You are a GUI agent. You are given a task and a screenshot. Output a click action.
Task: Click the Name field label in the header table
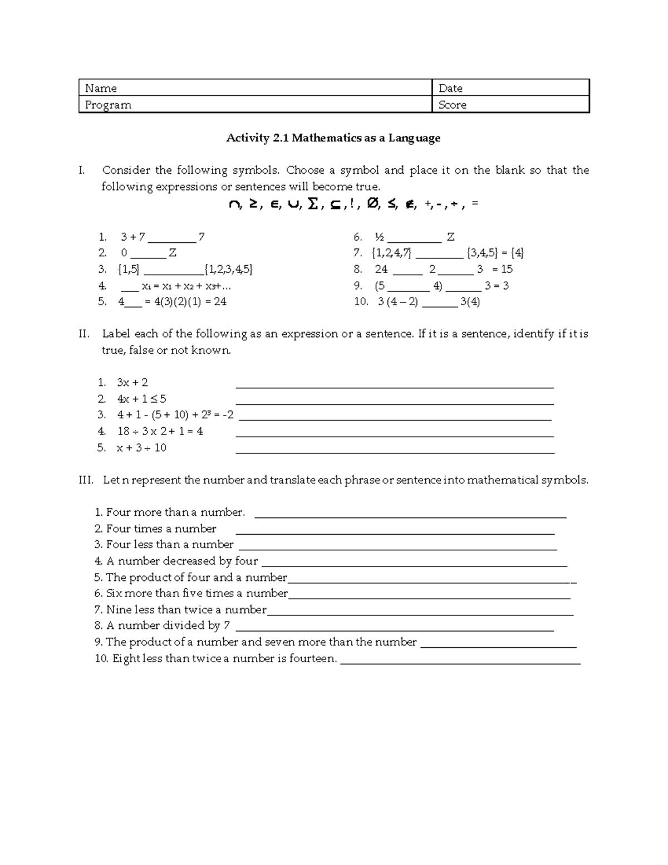tap(101, 88)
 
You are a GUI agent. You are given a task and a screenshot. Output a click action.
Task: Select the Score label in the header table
tap(452, 105)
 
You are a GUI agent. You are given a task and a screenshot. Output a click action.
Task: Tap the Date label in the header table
tap(450, 88)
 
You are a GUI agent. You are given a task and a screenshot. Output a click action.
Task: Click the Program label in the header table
tap(108, 105)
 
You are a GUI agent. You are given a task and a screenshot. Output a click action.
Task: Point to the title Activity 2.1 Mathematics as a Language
tap(333, 138)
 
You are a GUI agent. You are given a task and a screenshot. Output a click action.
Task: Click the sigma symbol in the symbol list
tap(313, 205)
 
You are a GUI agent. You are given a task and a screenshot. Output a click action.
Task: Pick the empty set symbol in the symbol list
tap(374, 205)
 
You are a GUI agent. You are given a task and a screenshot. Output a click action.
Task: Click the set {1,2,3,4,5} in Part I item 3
tap(229, 270)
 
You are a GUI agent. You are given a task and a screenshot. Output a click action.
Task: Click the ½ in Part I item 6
tap(379, 237)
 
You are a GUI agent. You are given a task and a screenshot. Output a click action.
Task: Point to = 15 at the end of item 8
tap(503, 270)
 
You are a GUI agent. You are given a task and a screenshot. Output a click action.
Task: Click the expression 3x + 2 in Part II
tap(132, 383)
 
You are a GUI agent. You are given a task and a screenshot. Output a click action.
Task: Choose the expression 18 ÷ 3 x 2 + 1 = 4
tap(160, 431)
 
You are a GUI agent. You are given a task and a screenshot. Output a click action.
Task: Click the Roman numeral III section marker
tap(86, 480)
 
